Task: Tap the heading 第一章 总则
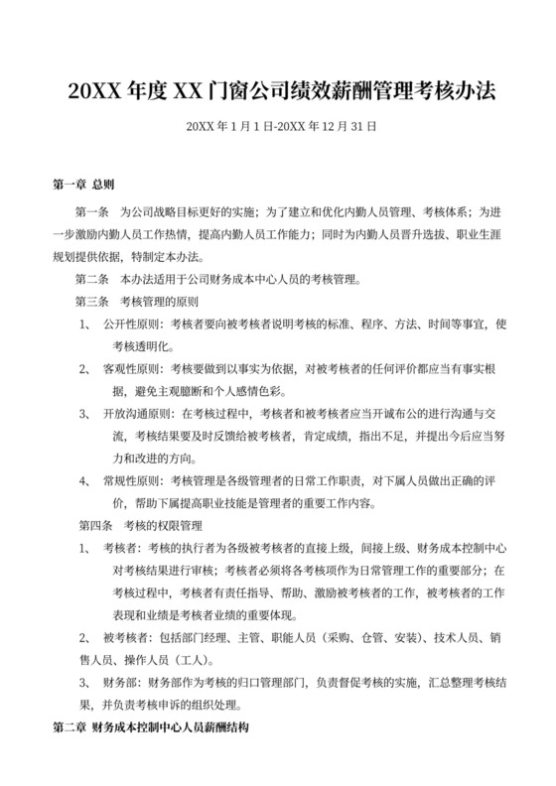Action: [x=84, y=185]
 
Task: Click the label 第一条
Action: [x=92, y=212]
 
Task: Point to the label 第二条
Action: [x=92, y=278]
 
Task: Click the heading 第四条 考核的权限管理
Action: [x=139, y=524]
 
